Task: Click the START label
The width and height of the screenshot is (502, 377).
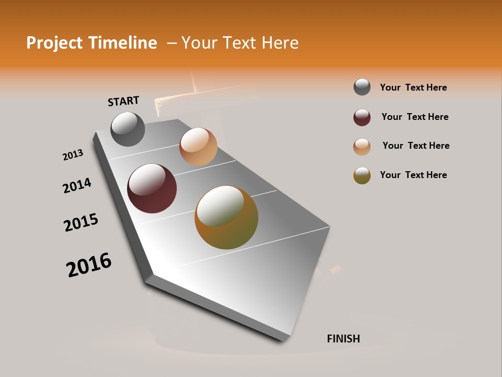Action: click(123, 101)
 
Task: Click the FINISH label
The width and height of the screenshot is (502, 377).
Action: click(343, 339)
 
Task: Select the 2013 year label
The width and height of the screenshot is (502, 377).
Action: click(73, 155)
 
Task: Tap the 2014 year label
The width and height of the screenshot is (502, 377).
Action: click(77, 185)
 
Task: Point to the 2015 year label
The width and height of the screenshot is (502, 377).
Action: click(81, 223)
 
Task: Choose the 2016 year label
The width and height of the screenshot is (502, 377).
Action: click(89, 265)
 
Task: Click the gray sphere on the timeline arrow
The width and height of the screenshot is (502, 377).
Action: click(128, 129)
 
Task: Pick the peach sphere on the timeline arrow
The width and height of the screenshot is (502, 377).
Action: click(198, 147)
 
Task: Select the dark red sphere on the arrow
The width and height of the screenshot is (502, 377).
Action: click(152, 188)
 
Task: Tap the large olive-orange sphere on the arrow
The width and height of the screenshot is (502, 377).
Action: click(226, 217)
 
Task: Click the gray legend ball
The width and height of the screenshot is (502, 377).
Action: click(362, 87)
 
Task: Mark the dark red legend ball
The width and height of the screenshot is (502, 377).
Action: click(362, 117)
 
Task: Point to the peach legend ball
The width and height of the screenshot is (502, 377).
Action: click(362, 147)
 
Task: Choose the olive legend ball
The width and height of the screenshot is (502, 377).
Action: click(362, 175)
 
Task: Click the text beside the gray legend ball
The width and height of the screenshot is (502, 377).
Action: click(413, 87)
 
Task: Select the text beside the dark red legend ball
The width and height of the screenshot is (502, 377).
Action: click(415, 117)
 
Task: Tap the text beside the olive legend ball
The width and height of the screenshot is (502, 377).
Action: click(413, 175)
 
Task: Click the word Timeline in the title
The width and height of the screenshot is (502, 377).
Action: click(122, 43)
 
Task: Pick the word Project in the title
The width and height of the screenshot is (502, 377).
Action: click(54, 43)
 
